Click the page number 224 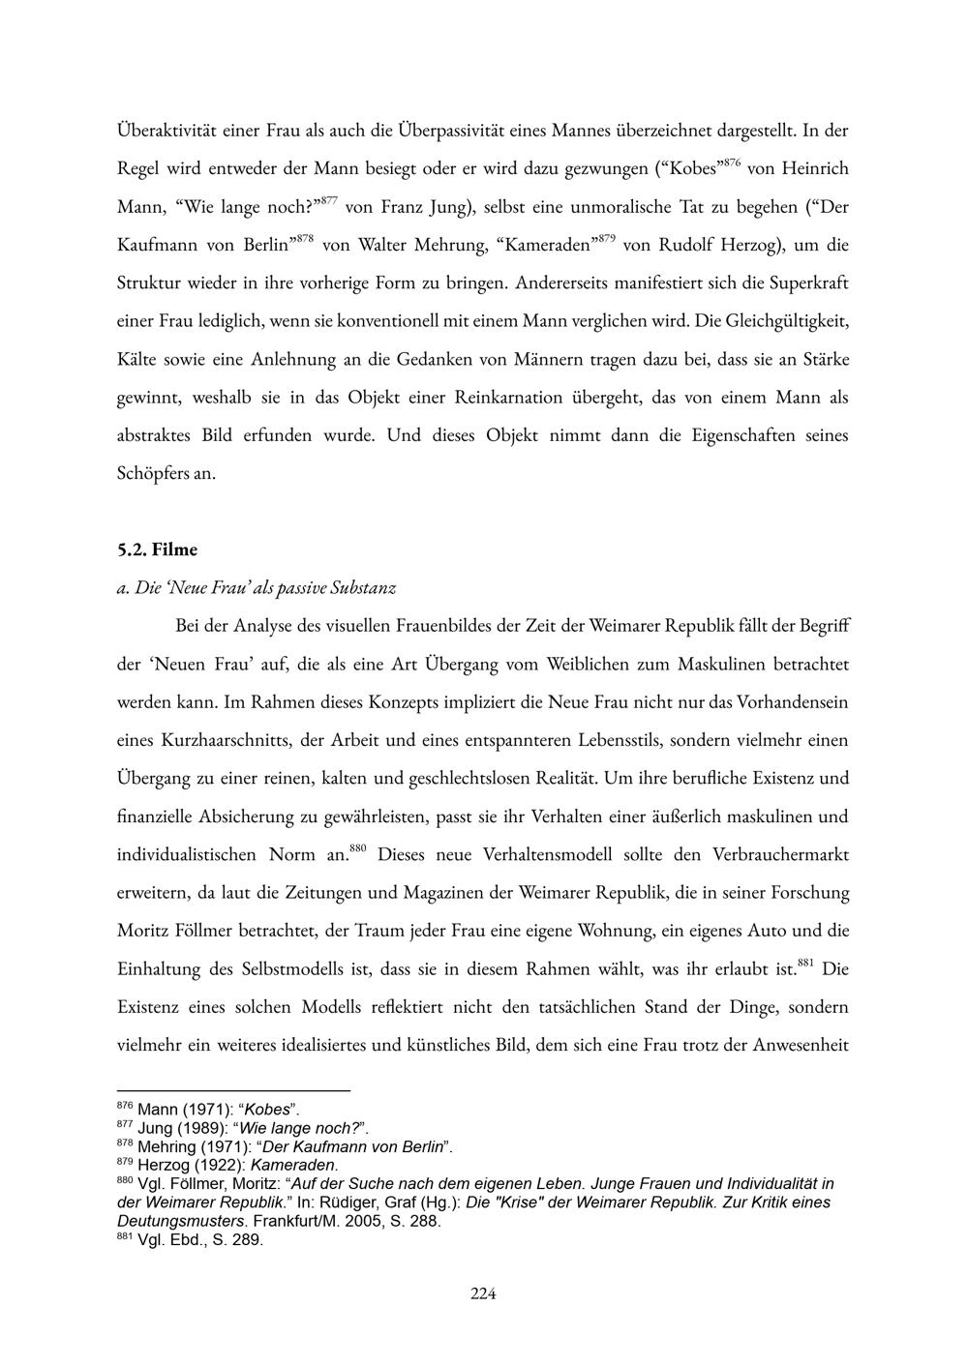(483, 1293)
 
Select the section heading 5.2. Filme (157, 549)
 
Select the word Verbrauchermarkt (780, 854)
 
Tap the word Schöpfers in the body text (153, 474)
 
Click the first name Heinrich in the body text (814, 169)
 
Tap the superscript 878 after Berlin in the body (305, 238)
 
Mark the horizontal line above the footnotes (233, 1090)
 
